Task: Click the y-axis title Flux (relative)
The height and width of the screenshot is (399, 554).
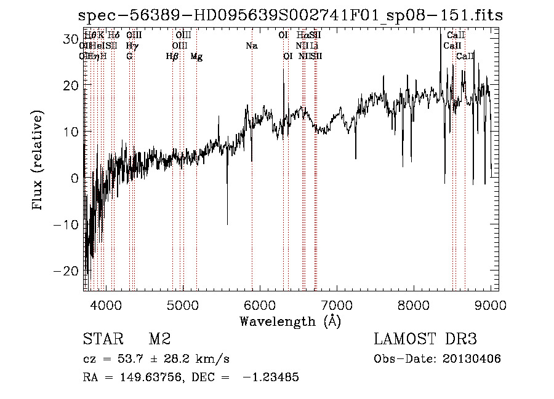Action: pos(39,160)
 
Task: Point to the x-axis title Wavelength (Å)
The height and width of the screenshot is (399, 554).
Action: pos(290,321)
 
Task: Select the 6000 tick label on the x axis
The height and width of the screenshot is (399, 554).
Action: pos(260,304)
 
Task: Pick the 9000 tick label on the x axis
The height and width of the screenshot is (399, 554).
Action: pos(490,304)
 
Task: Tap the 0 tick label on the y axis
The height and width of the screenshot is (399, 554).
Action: pos(74,178)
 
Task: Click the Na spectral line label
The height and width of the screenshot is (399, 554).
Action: pos(251,46)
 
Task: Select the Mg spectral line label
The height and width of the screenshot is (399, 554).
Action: pos(196,57)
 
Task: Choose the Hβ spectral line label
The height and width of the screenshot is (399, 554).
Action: pos(172,57)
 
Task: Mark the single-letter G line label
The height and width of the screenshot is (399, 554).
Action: pos(129,57)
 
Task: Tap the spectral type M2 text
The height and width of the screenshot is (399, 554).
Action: pos(159,339)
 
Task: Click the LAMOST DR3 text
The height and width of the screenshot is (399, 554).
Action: pos(425,339)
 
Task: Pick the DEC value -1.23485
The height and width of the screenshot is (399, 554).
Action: pos(271,377)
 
